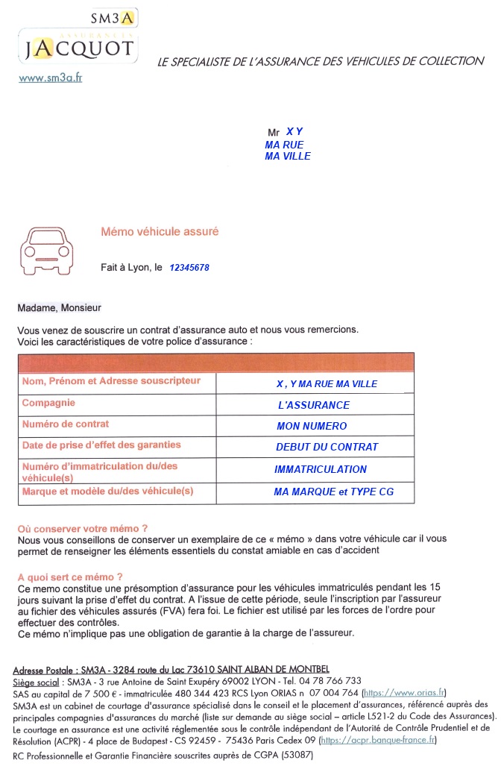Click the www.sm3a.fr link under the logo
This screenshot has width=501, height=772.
click(50, 77)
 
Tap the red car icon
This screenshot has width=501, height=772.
click(48, 248)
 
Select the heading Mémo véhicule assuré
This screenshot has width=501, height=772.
click(160, 232)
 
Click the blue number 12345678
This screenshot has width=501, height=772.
click(189, 268)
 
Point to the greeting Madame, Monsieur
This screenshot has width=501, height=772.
click(59, 307)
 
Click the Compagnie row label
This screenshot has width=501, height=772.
click(48, 403)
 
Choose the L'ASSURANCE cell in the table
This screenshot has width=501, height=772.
click(313, 405)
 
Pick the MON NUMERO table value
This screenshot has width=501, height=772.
click(311, 426)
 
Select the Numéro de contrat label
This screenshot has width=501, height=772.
click(66, 424)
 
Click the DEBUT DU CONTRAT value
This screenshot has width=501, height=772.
click(327, 447)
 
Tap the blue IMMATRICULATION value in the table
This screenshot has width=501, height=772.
click(321, 469)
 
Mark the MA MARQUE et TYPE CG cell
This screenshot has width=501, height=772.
click(333, 492)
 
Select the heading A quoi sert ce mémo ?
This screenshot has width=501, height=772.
click(70, 577)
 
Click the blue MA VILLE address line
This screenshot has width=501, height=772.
click(287, 156)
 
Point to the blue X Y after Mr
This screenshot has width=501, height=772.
click(294, 131)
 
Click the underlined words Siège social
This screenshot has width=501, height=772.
click(36, 681)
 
